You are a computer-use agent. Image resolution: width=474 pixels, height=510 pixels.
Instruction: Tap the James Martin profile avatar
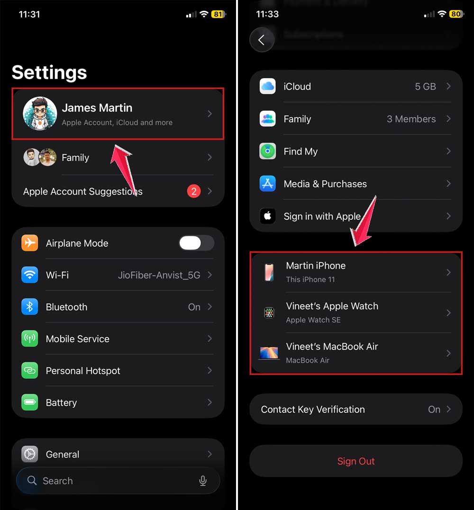pyautogui.click(x=40, y=114)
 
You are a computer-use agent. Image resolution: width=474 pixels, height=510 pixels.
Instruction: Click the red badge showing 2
pyautogui.click(x=193, y=191)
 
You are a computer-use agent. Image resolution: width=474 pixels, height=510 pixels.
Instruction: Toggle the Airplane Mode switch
pyautogui.click(x=196, y=243)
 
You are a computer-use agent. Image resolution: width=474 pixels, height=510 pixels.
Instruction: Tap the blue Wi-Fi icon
pyautogui.click(x=30, y=275)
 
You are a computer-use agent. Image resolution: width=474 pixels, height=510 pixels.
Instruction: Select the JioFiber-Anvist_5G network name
pyautogui.click(x=159, y=275)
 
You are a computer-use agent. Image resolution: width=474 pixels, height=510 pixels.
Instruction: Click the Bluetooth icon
pyautogui.click(x=30, y=307)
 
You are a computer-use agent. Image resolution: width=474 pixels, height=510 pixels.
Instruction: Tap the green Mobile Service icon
pyautogui.click(x=30, y=339)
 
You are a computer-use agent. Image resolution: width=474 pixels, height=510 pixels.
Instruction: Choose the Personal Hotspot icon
pyautogui.click(x=30, y=371)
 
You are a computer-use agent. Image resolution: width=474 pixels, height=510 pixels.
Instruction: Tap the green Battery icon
pyautogui.click(x=30, y=403)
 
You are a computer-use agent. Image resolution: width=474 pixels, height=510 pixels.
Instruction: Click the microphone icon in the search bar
pyautogui.click(x=203, y=481)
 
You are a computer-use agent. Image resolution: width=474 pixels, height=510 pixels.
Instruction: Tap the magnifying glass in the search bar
pyautogui.click(x=32, y=481)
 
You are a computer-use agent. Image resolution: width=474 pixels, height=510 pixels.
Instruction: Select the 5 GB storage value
pyautogui.click(x=425, y=87)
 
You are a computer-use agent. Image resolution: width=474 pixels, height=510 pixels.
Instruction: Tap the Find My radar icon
pyautogui.click(x=268, y=152)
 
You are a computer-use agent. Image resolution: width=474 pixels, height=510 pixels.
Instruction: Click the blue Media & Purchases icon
pyautogui.click(x=268, y=184)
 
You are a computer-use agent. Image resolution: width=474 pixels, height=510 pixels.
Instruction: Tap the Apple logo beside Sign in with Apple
pyautogui.click(x=268, y=216)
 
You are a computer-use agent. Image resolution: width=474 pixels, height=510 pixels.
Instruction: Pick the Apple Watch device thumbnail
pyautogui.click(x=269, y=313)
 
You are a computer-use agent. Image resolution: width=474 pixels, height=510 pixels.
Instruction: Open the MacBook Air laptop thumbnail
pyautogui.click(x=269, y=353)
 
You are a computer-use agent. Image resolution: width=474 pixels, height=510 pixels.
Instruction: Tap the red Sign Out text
pyautogui.click(x=356, y=461)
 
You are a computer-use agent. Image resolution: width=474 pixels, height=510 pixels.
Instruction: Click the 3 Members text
pyautogui.click(x=411, y=119)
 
